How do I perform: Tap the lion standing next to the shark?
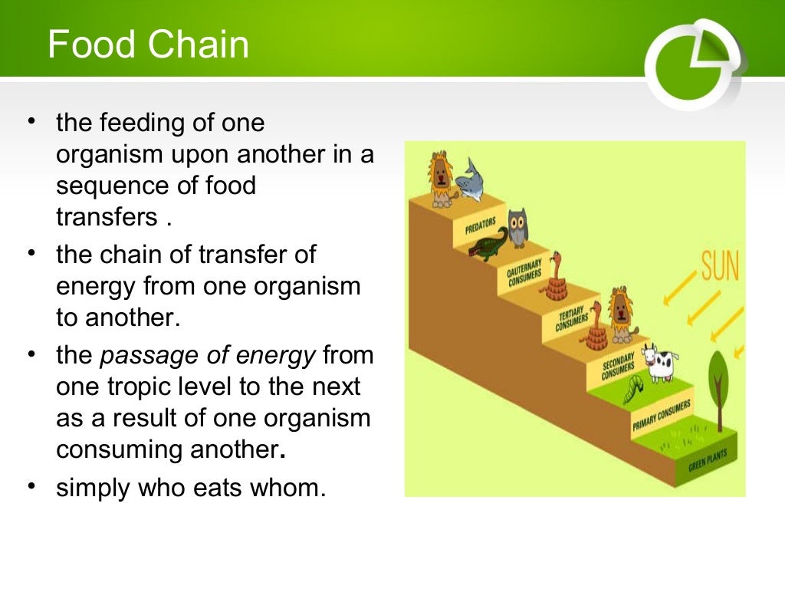pyautogui.click(x=440, y=179)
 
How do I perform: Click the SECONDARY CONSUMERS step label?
pyautogui.click(x=618, y=366)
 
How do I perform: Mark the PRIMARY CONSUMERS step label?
pyautogui.click(x=662, y=415)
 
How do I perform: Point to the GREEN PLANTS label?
pyautogui.click(x=707, y=461)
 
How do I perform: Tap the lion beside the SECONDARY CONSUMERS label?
pyautogui.click(x=620, y=314)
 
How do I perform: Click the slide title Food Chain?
pyautogui.click(x=148, y=44)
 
